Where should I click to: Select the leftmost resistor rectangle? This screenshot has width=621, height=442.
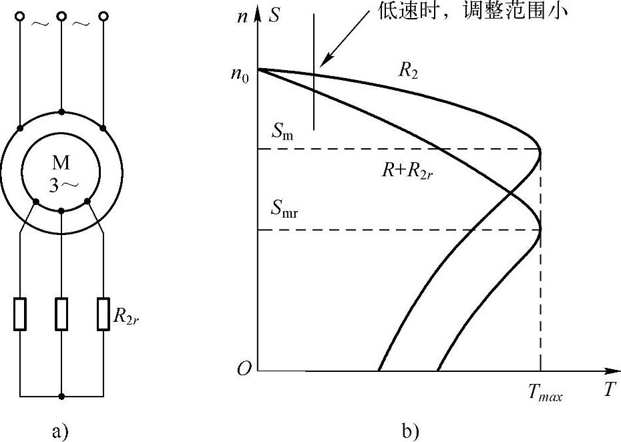[x=20, y=314]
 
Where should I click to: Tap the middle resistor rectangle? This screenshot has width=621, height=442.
[x=61, y=314]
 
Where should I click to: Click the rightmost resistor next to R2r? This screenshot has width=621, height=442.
[x=103, y=314]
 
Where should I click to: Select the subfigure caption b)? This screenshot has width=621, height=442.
[x=410, y=431]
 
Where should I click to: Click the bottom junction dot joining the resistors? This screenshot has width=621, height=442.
[x=61, y=396]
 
